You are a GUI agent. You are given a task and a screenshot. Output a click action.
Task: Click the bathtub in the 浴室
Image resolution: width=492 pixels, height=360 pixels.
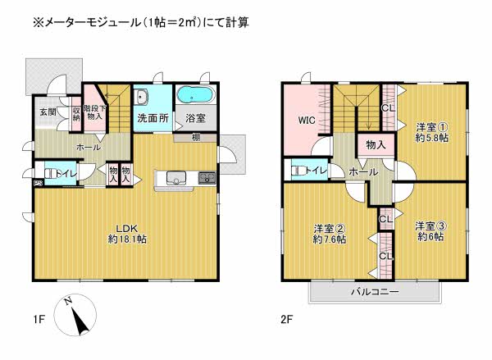[195, 93]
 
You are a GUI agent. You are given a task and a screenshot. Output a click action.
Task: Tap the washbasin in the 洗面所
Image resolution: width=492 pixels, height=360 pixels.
[142, 96]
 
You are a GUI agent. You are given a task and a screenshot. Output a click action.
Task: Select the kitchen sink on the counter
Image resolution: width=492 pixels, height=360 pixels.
[176, 178]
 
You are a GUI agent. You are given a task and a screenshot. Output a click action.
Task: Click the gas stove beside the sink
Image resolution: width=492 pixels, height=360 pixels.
[207, 178]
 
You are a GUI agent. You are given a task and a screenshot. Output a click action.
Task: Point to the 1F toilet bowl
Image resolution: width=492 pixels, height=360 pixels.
[50, 174]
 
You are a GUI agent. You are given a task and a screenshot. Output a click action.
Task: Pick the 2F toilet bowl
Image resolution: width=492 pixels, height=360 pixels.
[297, 171]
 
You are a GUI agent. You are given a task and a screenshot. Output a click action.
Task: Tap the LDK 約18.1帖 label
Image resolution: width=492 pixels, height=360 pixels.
[127, 235]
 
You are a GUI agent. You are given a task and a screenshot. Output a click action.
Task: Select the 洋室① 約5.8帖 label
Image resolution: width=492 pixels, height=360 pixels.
[432, 133]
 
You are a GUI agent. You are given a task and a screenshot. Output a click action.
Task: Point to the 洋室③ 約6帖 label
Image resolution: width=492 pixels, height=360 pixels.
[430, 231]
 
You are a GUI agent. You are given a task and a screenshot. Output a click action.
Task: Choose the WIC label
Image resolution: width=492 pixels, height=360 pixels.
[307, 121]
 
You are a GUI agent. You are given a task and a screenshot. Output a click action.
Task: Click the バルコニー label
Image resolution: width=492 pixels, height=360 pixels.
[375, 292]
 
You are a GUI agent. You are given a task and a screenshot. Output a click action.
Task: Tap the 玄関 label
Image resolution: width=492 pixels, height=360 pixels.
[48, 112]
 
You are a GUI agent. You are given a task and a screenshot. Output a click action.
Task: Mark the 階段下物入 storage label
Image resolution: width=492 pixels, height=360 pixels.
[95, 112]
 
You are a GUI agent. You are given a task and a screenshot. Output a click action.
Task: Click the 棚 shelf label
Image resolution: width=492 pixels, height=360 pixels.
[196, 138]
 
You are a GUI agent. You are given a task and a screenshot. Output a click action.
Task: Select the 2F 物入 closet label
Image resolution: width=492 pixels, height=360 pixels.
[376, 144]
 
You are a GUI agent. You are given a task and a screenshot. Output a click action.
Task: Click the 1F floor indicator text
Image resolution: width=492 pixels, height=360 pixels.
[39, 320]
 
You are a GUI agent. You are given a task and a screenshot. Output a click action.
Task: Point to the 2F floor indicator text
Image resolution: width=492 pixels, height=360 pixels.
[286, 320]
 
